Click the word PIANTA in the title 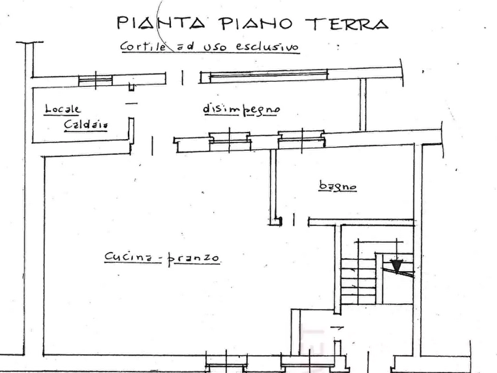pos(161,23)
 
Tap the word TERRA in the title pos(347,23)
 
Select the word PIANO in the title pos(255,23)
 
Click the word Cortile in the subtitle pos(143,46)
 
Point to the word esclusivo pos(267,46)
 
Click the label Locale pos(62,109)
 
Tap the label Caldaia pos(86,124)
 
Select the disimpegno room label pos(242,110)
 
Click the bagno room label pos(338,186)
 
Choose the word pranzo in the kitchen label pos(194,258)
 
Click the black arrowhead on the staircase pos(396,266)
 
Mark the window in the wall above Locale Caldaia pos(95,80)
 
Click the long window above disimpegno pos(268,76)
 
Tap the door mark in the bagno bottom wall pos(294,219)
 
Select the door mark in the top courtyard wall pos(182,77)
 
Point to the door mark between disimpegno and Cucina pos(152,146)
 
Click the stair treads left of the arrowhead pos(358,281)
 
